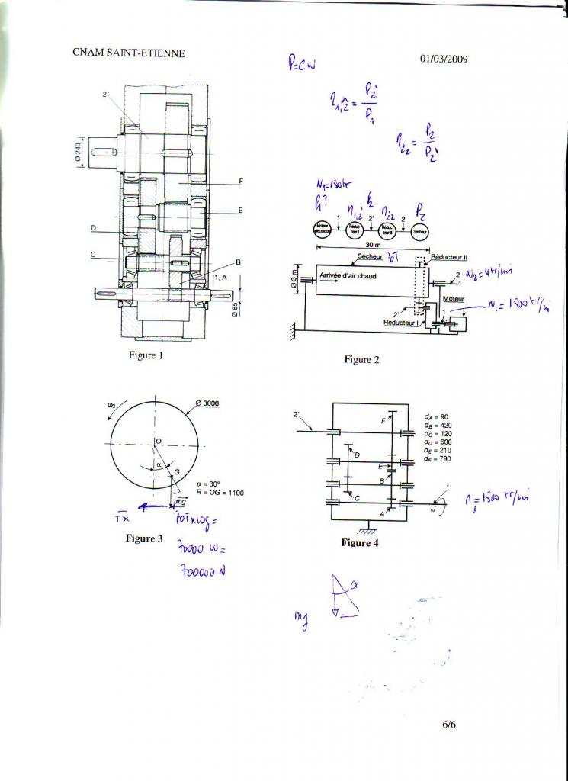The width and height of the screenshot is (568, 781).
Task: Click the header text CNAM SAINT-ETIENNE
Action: click(x=128, y=53)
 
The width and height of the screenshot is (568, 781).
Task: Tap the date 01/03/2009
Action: click(x=444, y=59)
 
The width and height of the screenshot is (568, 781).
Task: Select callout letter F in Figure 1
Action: click(x=241, y=181)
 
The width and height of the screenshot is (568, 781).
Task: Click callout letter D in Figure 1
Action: click(x=92, y=227)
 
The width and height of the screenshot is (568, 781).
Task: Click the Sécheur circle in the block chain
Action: click(x=419, y=231)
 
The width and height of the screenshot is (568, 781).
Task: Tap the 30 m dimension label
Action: click(x=373, y=245)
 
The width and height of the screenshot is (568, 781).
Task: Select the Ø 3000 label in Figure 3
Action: click(x=208, y=403)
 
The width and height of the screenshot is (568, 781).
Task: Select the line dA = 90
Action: click(x=436, y=417)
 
